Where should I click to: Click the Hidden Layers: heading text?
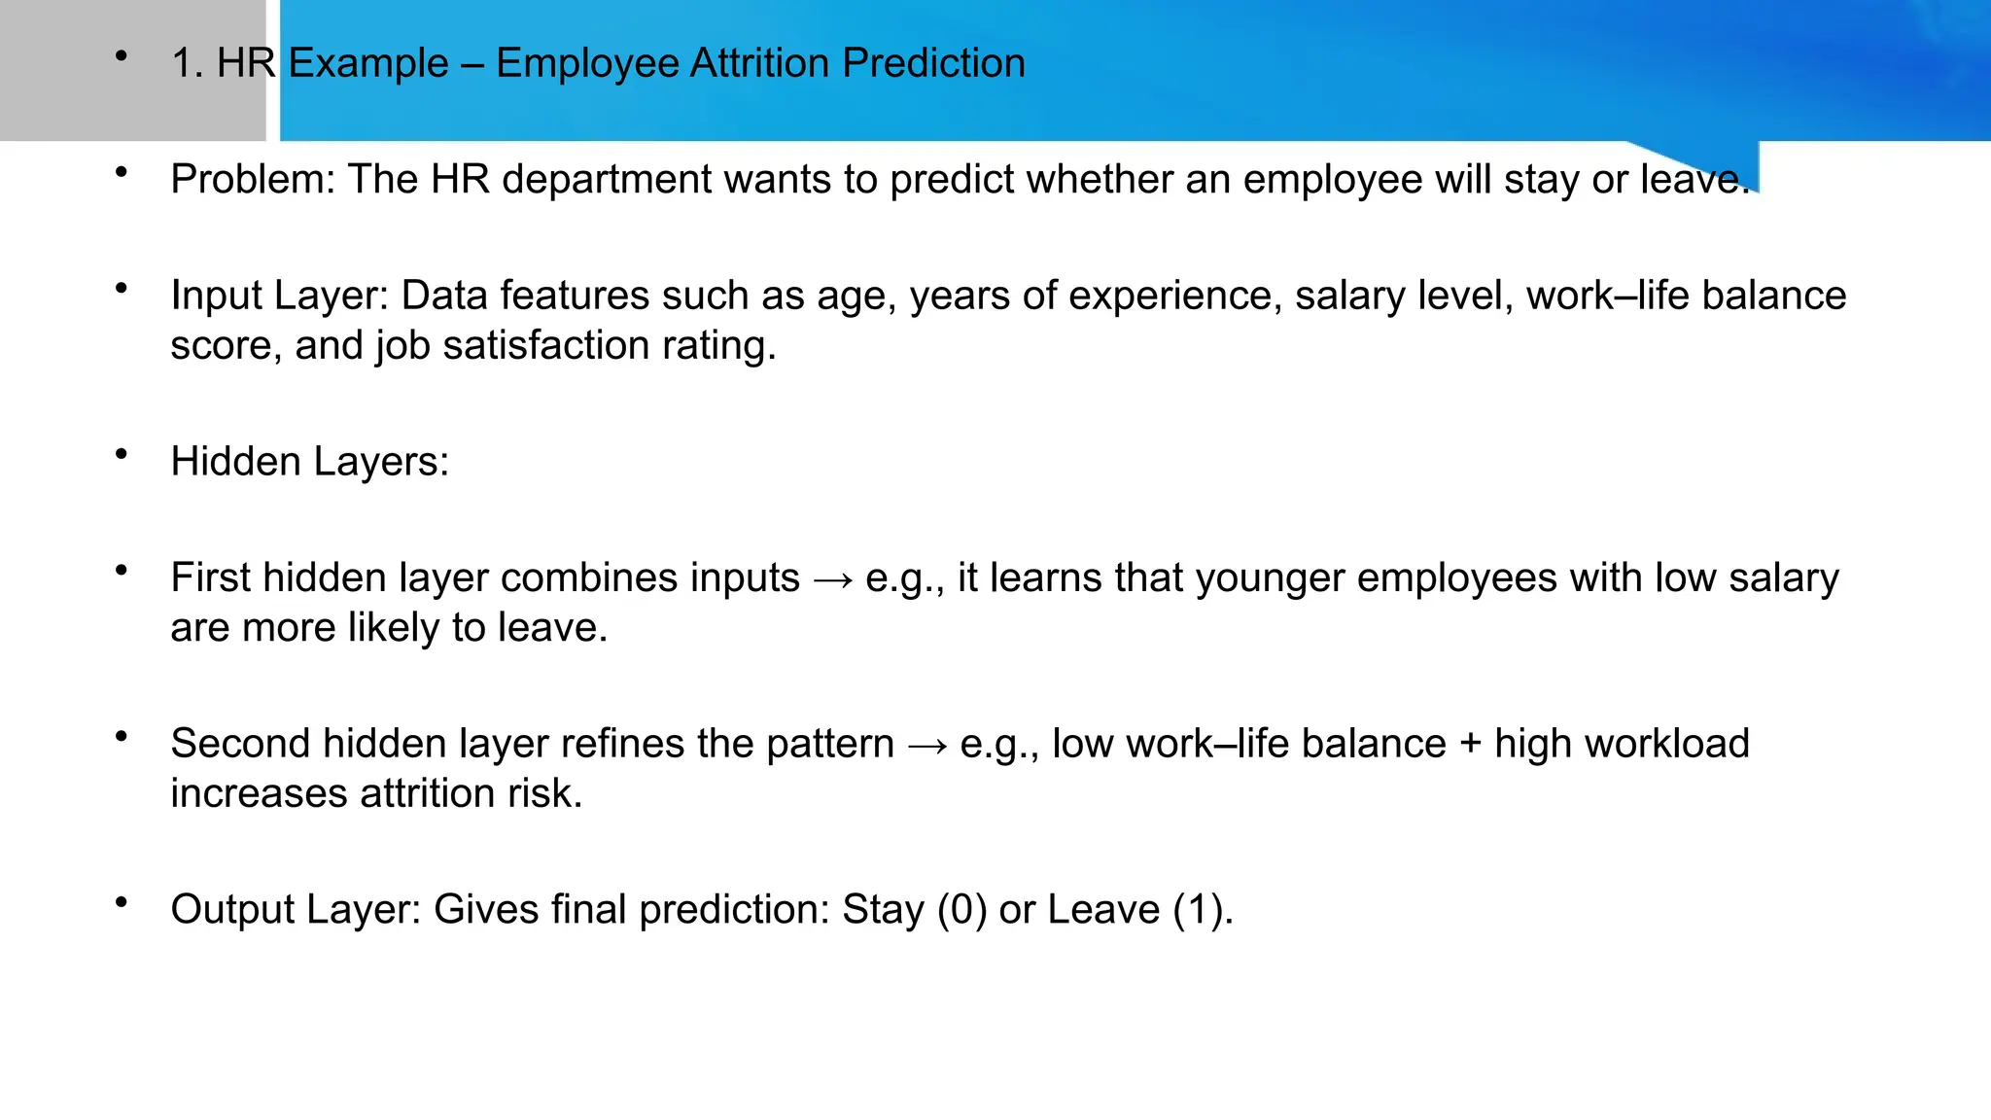(309, 462)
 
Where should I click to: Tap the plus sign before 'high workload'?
(1470, 745)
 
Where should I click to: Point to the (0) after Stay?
(961, 910)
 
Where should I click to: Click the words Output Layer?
(295, 910)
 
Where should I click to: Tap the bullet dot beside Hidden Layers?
(122, 454)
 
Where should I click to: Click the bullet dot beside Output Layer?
(122, 902)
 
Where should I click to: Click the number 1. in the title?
(187, 64)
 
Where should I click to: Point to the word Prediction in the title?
(933, 63)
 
